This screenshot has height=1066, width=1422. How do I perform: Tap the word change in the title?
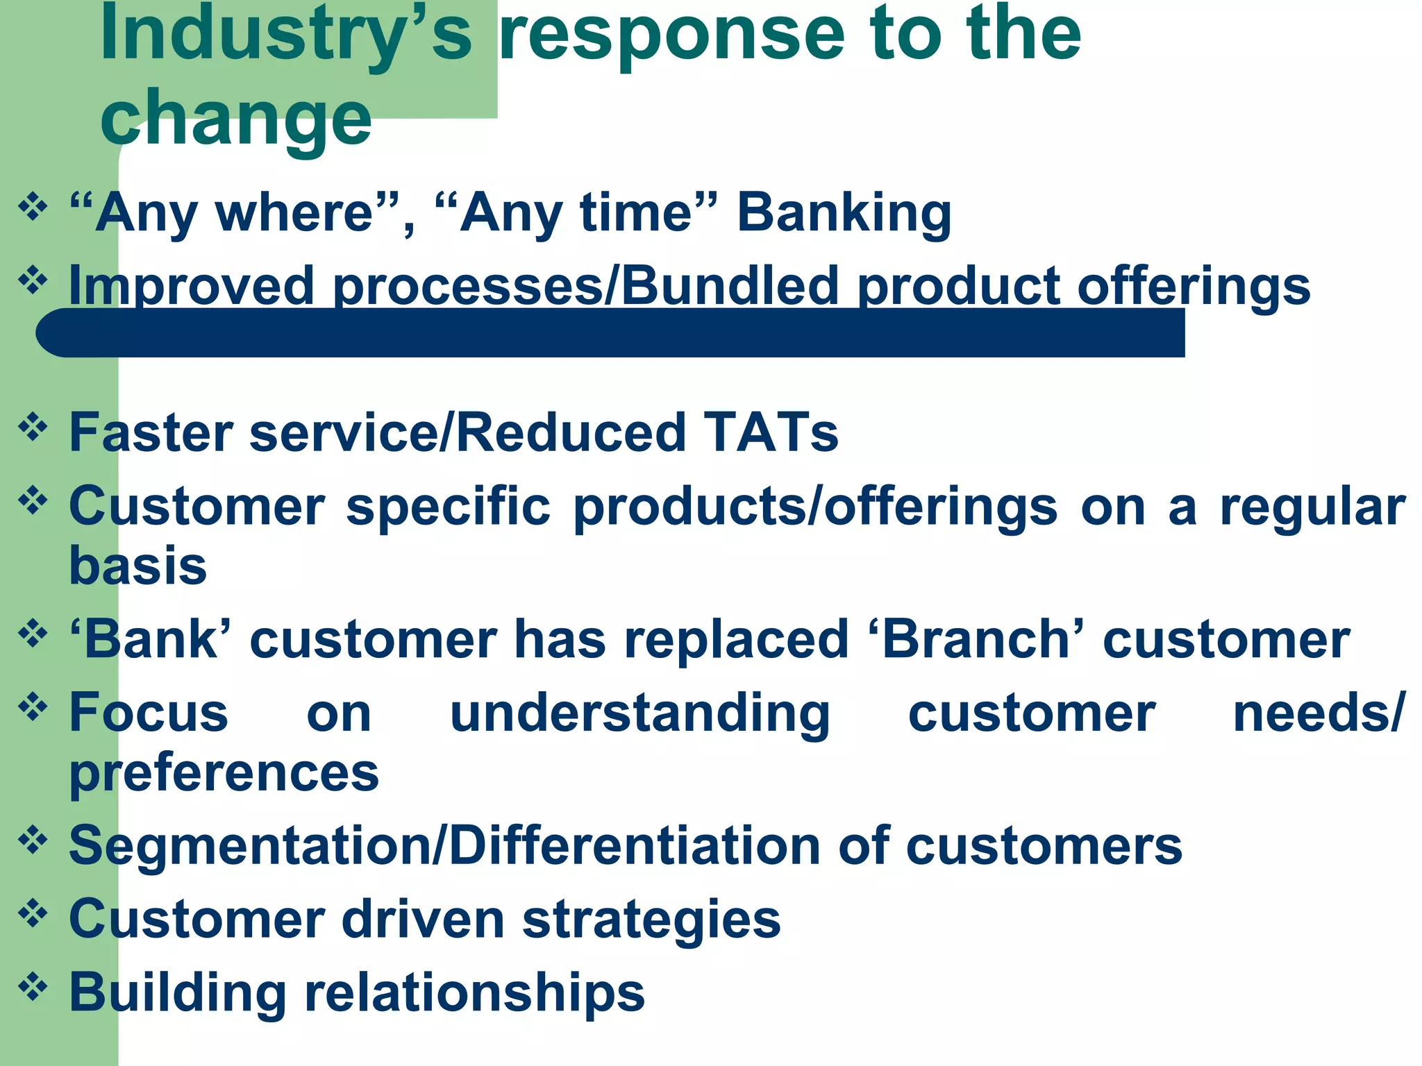[x=236, y=118]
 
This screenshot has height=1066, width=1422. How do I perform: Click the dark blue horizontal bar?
[x=611, y=333]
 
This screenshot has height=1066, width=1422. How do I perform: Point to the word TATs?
[x=771, y=432]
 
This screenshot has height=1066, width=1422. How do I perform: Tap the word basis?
[x=138, y=565]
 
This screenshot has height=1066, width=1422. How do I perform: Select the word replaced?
[x=736, y=639]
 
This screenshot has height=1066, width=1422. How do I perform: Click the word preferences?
[x=224, y=773]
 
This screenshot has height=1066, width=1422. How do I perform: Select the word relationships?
[x=475, y=992]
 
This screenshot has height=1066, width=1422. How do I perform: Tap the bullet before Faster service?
[x=33, y=426]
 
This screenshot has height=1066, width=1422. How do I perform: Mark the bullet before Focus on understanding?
[x=33, y=707]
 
